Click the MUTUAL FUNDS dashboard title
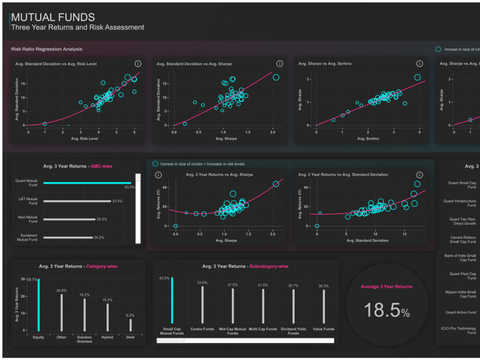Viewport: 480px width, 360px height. coord(53,17)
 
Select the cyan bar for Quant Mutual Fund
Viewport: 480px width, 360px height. coord(87,183)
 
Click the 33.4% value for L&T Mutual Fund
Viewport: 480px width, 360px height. coord(117,201)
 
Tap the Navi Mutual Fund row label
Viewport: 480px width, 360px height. coord(28,219)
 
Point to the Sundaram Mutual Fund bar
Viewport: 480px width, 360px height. coord(68,237)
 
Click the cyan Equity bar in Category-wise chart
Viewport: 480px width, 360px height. coord(38,305)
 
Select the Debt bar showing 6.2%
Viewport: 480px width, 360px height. coord(131,325)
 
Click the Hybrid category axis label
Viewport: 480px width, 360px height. coord(107,337)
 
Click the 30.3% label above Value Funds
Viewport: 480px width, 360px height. coord(323,286)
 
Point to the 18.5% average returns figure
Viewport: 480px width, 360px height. coord(386,310)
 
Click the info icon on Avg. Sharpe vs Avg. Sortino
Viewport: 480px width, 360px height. coord(419,63)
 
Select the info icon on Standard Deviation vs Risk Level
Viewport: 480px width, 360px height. coord(138,63)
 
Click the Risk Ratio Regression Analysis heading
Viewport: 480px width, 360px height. coord(47,49)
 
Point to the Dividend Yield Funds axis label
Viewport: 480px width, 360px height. coord(293,331)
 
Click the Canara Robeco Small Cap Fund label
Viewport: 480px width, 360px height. coord(463,239)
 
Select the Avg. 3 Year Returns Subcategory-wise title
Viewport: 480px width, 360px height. coord(245,266)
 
